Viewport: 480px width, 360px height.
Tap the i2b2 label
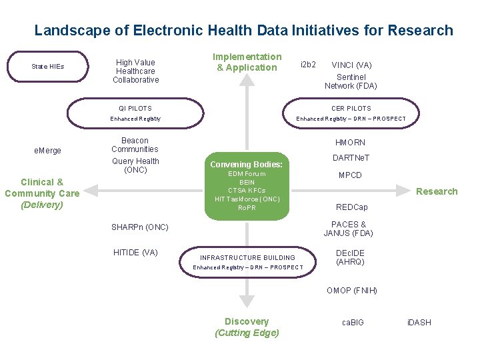click(308, 65)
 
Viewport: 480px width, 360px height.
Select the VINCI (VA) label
click(351, 65)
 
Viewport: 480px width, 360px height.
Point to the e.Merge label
click(47, 151)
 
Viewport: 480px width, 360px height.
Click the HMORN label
click(351, 143)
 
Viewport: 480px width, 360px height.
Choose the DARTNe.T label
click(351, 158)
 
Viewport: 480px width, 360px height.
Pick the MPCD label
click(350, 175)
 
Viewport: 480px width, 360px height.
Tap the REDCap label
click(351, 207)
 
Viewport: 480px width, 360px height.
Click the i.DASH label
click(419, 323)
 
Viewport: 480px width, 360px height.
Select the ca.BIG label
click(353, 323)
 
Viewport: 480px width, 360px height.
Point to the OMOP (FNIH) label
click(351, 291)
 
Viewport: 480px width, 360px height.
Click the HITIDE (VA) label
click(135, 252)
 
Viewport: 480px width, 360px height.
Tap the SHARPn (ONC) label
click(140, 227)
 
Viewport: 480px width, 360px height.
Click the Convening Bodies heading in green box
click(246, 164)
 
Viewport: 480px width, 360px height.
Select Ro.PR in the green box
click(247, 208)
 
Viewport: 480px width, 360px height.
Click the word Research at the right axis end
click(437, 191)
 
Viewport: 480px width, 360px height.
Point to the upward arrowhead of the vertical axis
click(247, 79)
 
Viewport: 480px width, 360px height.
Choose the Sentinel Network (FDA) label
click(351, 81)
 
